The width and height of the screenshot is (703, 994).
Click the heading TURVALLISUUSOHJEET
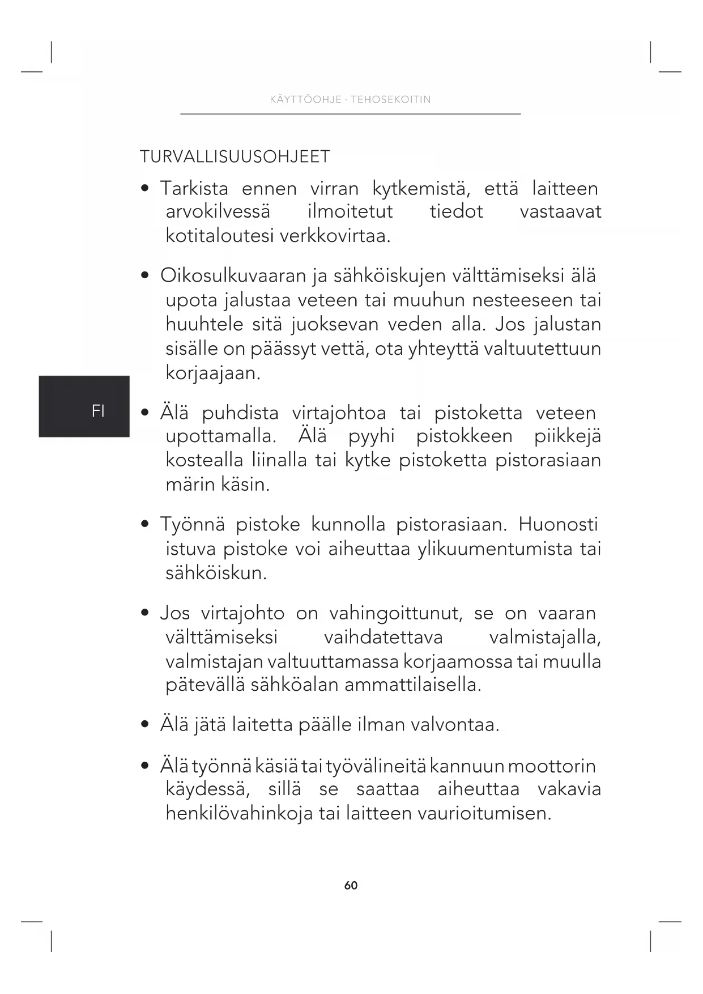point(235,157)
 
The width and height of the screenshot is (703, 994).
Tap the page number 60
point(351,885)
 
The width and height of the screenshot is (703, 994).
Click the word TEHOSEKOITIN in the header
point(391,100)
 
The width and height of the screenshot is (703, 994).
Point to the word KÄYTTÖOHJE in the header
point(306,100)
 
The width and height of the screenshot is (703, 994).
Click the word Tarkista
point(194,188)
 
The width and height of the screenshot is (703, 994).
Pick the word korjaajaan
point(213,373)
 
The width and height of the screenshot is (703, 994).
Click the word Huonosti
point(558,524)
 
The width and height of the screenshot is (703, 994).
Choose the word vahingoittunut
point(396,613)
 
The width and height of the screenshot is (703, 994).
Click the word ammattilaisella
point(412,685)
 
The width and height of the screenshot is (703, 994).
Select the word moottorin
point(552,766)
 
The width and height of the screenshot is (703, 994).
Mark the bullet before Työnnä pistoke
point(146,525)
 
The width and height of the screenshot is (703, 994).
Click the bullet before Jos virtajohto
point(146,614)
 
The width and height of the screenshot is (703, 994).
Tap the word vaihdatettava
point(383,638)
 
